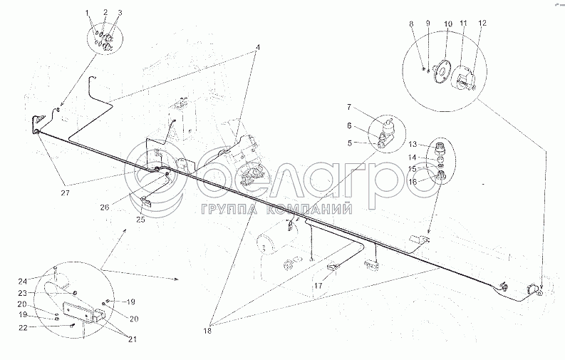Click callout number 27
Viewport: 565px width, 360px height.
(x=65, y=192)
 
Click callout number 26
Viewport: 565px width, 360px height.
(x=105, y=207)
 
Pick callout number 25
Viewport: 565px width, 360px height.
(x=140, y=219)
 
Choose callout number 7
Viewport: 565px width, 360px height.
(x=349, y=107)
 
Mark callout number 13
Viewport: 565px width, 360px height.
(x=413, y=144)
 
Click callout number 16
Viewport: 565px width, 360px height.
(x=413, y=182)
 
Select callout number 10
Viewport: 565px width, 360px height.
(x=448, y=24)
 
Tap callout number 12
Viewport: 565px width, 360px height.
(x=482, y=23)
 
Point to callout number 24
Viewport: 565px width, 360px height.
(x=23, y=282)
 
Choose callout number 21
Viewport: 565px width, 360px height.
(x=133, y=339)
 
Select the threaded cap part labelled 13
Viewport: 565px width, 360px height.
(x=440, y=148)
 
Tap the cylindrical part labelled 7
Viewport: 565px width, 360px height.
(x=388, y=125)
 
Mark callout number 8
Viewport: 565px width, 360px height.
(x=411, y=24)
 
